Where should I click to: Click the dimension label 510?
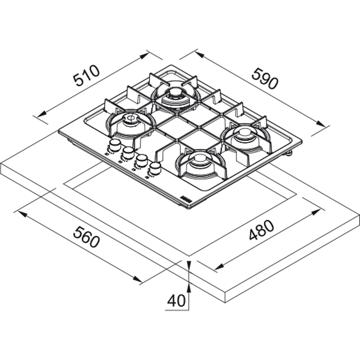click(x=86, y=75)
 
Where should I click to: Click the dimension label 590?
click(x=265, y=78)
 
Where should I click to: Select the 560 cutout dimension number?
click(x=86, y=237)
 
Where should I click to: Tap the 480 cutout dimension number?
click(x=261, y=230)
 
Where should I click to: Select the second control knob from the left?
click(x=128, y=152)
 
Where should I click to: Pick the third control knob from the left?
click(x=141, y=160)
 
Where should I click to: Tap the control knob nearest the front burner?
click(x=155, y=168)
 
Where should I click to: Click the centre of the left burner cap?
click(x=131, y=119)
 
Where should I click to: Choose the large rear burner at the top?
click(x=176, y=96)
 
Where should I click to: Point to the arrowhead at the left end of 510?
click(x=41, y=114)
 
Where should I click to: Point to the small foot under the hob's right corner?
click(x=289, y=153)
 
